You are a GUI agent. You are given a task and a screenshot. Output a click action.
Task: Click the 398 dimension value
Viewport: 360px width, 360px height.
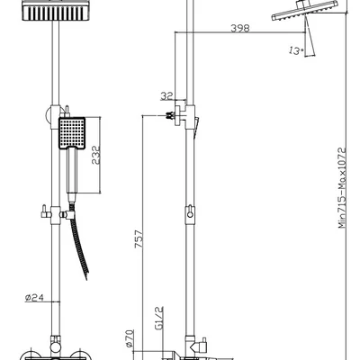pyautogui.click(x=240, y=28)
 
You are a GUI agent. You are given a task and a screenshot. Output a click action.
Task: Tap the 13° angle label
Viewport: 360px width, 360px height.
pyautogui.click(x=296, y=50)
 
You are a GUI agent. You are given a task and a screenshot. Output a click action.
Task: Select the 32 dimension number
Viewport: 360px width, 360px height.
pyautogui.click(x=166, y=96)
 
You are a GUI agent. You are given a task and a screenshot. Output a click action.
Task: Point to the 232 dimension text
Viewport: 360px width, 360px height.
pyautogui.click(x=95, y=155)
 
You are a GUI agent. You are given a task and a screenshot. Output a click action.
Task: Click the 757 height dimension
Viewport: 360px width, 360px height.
pyautogui.click(x=139, y=239)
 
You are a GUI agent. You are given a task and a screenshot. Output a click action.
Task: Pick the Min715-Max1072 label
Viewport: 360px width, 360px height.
pyautogui.click(x=342, y=187)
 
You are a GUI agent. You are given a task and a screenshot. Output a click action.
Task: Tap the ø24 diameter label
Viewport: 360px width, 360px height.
pyautogui.click(x=34, y=298)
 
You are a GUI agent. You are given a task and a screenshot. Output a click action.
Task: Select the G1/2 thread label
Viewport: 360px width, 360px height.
pyautogui.click(x=159, y=319)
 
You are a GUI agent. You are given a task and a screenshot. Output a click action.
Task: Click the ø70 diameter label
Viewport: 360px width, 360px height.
pyautogui.click(x=130, y=338)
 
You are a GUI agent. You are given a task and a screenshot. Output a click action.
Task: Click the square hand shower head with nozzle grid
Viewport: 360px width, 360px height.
pyautogui.click(x=72, y=133)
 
